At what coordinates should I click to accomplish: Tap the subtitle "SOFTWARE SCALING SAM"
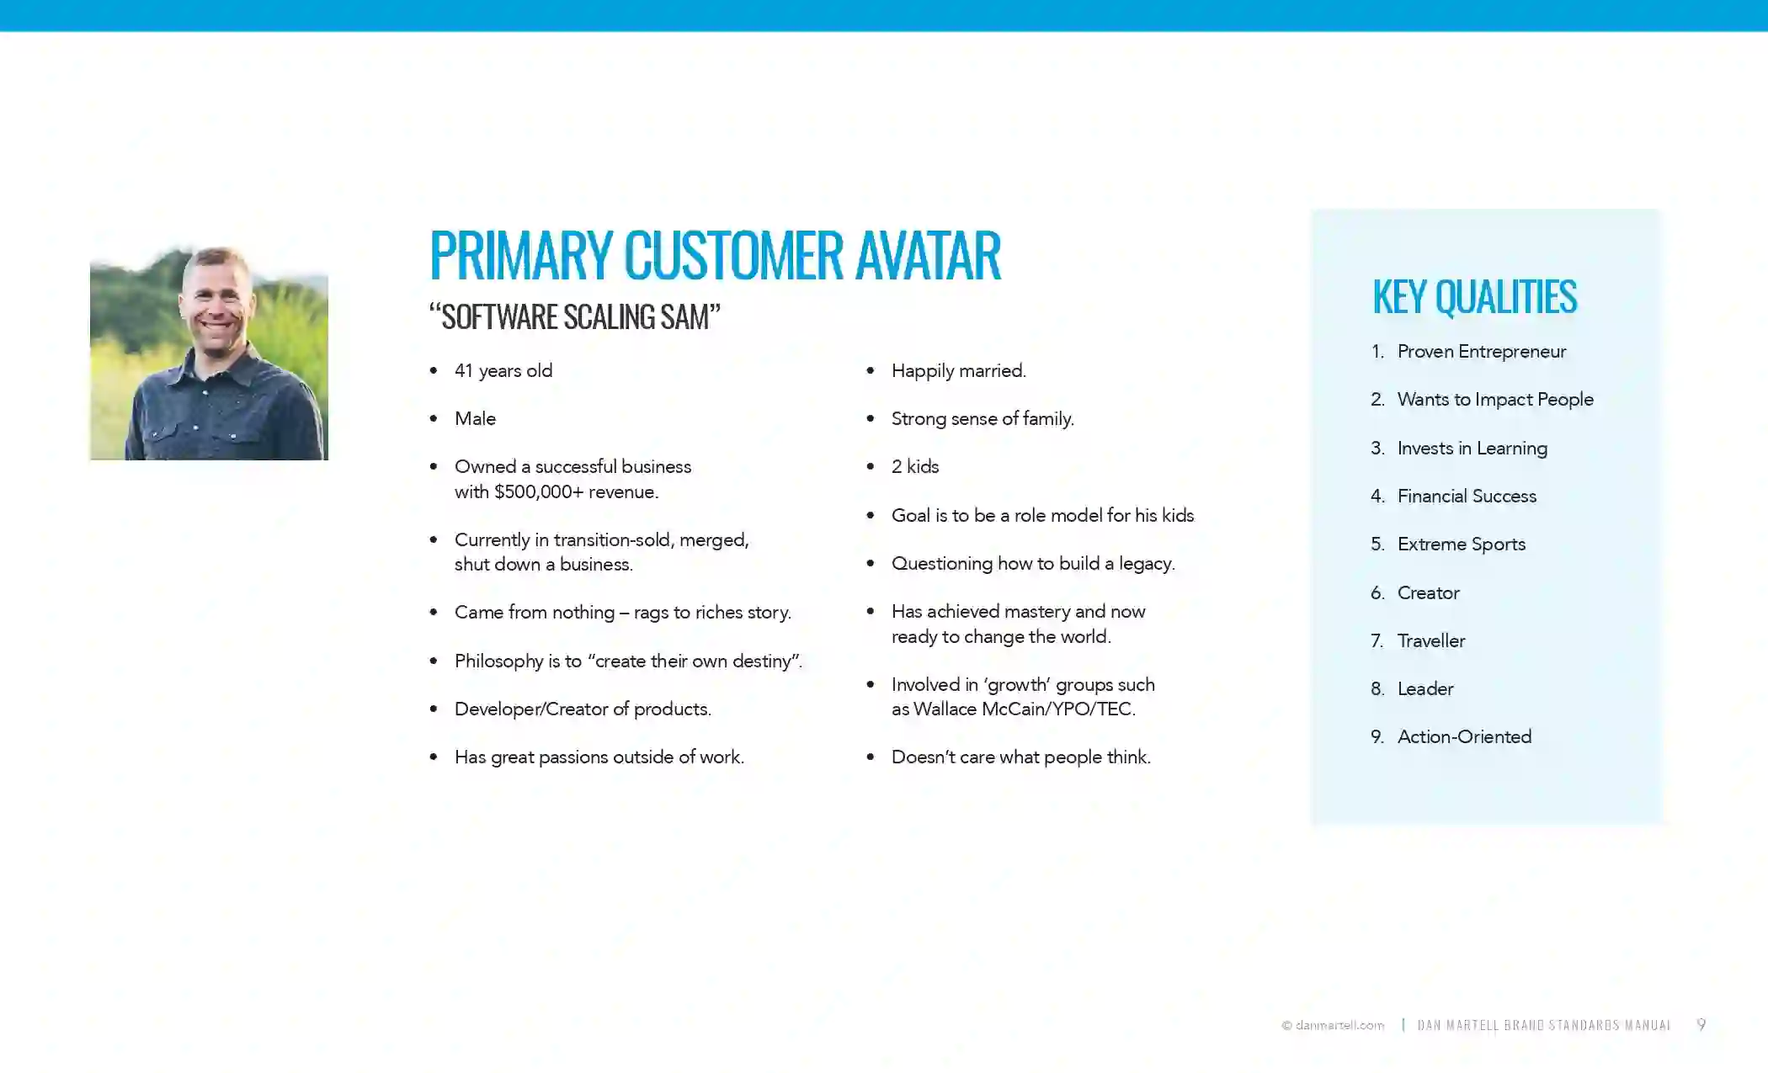pos(575,317)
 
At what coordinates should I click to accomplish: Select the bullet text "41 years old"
pos(503,371)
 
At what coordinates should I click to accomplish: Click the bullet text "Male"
pos(475,419)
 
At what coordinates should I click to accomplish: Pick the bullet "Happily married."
pos(959,371)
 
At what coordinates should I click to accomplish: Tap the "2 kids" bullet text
pos(915,467)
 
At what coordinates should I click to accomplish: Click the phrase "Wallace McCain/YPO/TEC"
pos(1023,709)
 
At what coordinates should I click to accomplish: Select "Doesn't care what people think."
pos(1021,757)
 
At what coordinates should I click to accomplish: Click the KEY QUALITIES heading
pos(1474,297)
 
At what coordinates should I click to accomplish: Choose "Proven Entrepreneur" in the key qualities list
pos(1482,352)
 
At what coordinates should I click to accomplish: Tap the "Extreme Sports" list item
pos(1462,544)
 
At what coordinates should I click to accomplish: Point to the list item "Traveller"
pos(1431,641)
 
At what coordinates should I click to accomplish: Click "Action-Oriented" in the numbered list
pos(1464,737)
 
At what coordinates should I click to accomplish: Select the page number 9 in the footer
pos(1701,1024)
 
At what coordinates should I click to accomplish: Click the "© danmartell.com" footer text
pos(1333,1025)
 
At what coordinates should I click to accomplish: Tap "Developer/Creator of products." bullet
pos(583,709)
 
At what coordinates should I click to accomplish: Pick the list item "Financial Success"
pos(1467,497)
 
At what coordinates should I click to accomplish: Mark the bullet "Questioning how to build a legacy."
pos(1033,564)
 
